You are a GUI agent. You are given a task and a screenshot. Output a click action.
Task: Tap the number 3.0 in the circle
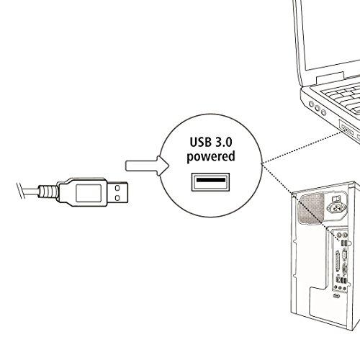223,142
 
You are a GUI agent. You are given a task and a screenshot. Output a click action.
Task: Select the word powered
211,157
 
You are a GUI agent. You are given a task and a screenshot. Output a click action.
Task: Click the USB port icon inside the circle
210,182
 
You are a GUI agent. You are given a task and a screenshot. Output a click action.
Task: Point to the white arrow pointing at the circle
147,166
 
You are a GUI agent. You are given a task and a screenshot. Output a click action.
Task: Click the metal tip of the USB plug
117,192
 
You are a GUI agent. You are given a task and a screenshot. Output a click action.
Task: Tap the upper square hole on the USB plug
117,188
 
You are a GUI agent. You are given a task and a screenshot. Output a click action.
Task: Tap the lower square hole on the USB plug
117,198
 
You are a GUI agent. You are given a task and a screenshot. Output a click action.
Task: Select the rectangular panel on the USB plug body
89,193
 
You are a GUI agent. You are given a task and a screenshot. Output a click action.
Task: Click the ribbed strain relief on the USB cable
48,192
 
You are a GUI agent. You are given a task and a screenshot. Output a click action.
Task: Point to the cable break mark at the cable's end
21,191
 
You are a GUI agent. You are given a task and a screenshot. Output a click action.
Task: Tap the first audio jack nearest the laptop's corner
311,104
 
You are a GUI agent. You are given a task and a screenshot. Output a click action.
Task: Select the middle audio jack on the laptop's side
318,108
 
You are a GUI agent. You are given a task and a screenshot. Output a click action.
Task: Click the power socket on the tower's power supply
337,207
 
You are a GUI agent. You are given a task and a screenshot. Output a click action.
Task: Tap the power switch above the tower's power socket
335,199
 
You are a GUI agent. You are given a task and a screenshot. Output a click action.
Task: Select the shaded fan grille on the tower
311,209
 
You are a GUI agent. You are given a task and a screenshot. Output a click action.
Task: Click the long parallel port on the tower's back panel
338,264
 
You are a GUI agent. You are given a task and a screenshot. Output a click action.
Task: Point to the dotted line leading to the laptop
301,148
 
